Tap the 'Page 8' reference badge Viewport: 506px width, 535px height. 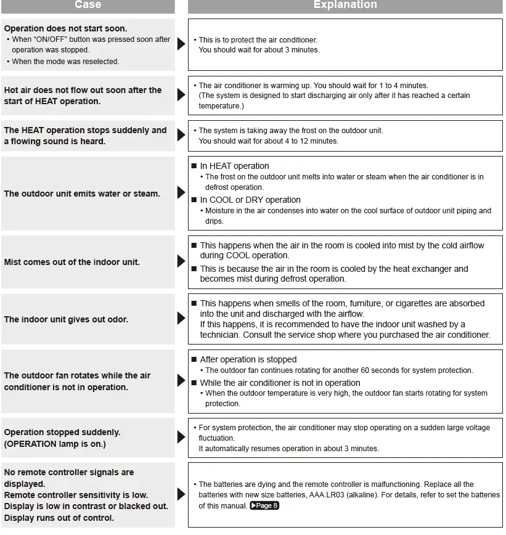point(264,506)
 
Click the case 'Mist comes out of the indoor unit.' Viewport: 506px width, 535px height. point(72,262)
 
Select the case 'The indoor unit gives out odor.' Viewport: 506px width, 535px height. point(66,319)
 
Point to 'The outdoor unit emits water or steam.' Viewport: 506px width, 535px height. point(82,194)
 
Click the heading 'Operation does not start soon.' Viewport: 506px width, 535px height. point(65,28)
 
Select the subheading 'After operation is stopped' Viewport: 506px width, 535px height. point(248,359)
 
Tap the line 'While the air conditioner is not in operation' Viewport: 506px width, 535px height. point(280,383)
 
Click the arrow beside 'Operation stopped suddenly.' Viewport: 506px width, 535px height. point(181,437)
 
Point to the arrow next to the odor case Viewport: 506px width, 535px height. point(181,319)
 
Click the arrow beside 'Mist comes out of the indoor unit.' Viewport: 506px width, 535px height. point(181,261)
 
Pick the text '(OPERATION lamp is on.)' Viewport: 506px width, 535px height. point(55,444)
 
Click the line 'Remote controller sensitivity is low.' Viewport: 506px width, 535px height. point(76,495)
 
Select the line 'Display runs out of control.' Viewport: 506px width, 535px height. point(59,518)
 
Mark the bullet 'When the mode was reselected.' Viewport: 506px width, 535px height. point(65,62)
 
